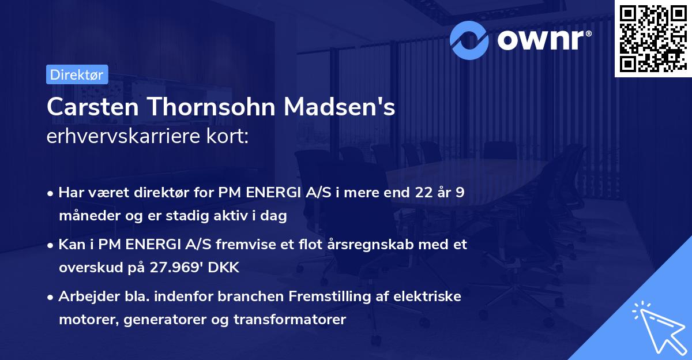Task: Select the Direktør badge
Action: [76, 74]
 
